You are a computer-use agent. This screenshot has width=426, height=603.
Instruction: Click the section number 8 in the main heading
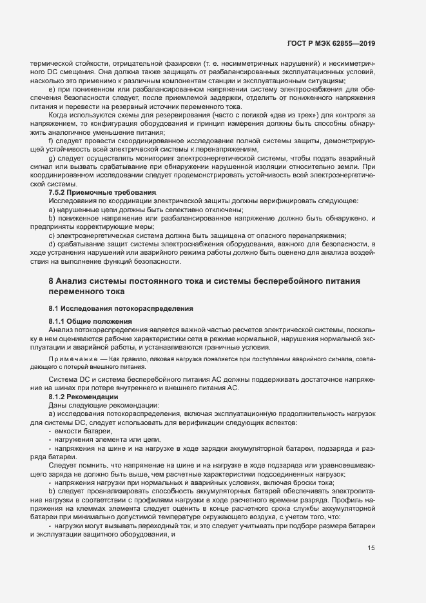[x=52, y=281]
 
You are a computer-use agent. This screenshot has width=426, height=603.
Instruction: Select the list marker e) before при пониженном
[x=52, y=89]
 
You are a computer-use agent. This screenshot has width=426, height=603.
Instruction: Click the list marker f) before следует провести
[x=51, y=140]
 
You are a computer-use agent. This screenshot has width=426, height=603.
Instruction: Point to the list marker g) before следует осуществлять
[x=52, y=159]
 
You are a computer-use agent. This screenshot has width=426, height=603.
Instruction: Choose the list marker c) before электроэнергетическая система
[x=52, y=235]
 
